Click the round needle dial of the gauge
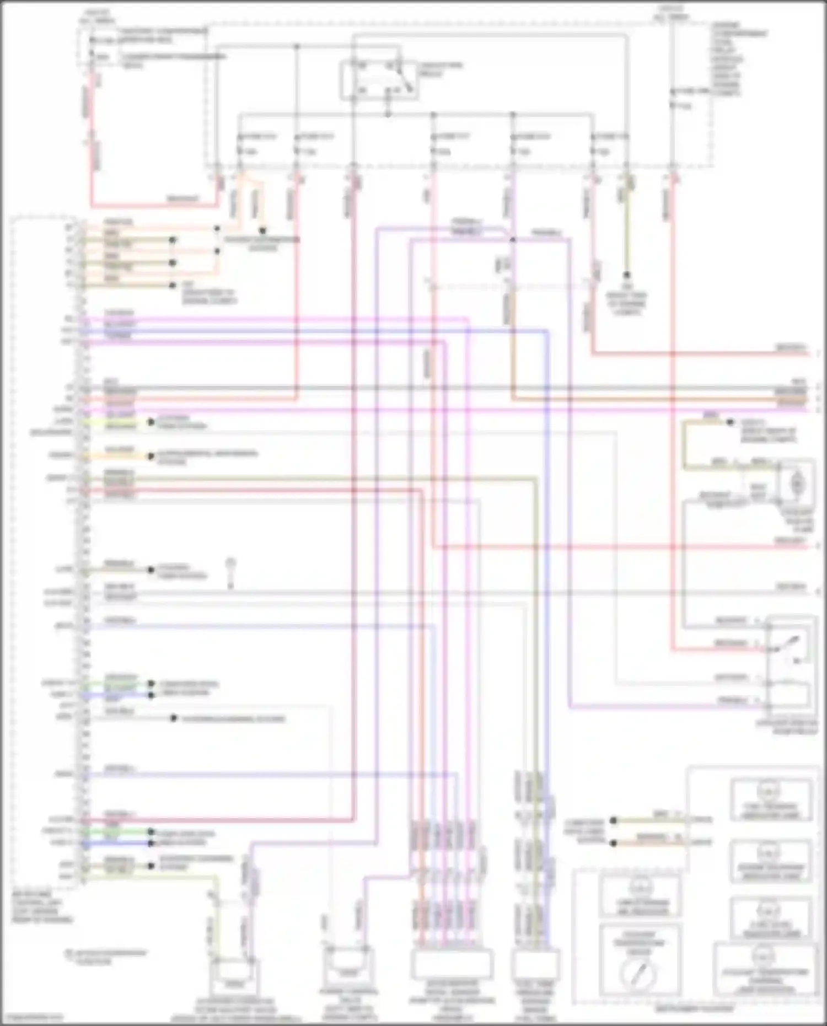[638, 973]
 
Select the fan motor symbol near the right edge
[797, 484]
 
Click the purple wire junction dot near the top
[513, 239]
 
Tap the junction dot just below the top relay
[388, 114]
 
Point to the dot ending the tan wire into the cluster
[613, 820]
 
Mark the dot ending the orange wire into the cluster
[613, 843]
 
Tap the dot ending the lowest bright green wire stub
[151, 833]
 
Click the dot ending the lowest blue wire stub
[151, 844]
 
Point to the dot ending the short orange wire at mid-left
[151, 456]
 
